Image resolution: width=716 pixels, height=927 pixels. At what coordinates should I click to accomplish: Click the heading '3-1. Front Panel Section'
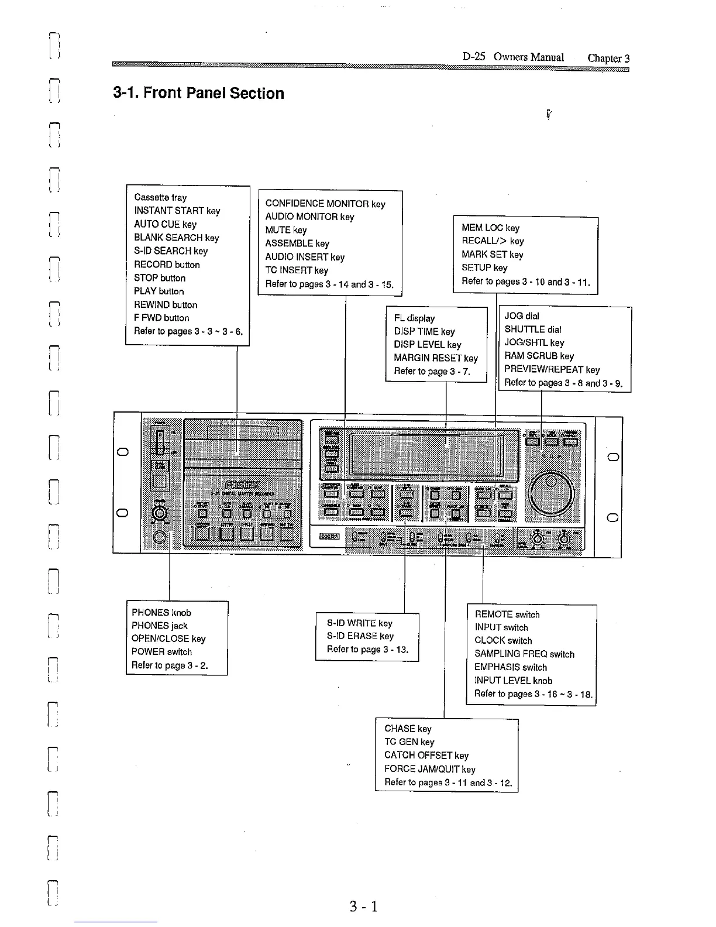(x=198, y=93)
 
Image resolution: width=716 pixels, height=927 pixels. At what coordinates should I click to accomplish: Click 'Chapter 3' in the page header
(x=608, y=58)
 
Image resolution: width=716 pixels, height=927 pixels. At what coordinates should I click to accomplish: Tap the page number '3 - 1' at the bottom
(x=363, y=907)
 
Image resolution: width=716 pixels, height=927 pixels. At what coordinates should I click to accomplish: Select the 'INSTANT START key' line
(x=177, y=211)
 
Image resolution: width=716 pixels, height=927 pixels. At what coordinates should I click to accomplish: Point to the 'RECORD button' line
(x=167, y=265)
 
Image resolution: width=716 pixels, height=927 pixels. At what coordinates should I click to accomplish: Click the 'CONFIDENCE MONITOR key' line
(x=325, y=204)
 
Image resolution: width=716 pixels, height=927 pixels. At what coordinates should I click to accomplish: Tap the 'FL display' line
(x=414, y=318)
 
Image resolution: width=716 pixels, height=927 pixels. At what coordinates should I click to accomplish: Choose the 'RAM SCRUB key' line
(x=539, y=356)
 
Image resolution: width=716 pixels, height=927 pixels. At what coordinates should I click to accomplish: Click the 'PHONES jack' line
(x=159, y=626)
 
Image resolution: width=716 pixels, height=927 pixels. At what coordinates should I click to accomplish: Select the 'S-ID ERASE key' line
(x=360, y=636)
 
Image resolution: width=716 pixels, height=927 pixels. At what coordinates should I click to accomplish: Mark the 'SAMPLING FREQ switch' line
(x=524, y=654)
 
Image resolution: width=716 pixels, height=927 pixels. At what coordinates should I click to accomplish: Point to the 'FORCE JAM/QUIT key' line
(x=429, y=769)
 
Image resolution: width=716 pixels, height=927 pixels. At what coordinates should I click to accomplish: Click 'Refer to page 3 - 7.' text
(x=432, y=371)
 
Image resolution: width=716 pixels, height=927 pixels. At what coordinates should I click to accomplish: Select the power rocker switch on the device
(x=159, y=441)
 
